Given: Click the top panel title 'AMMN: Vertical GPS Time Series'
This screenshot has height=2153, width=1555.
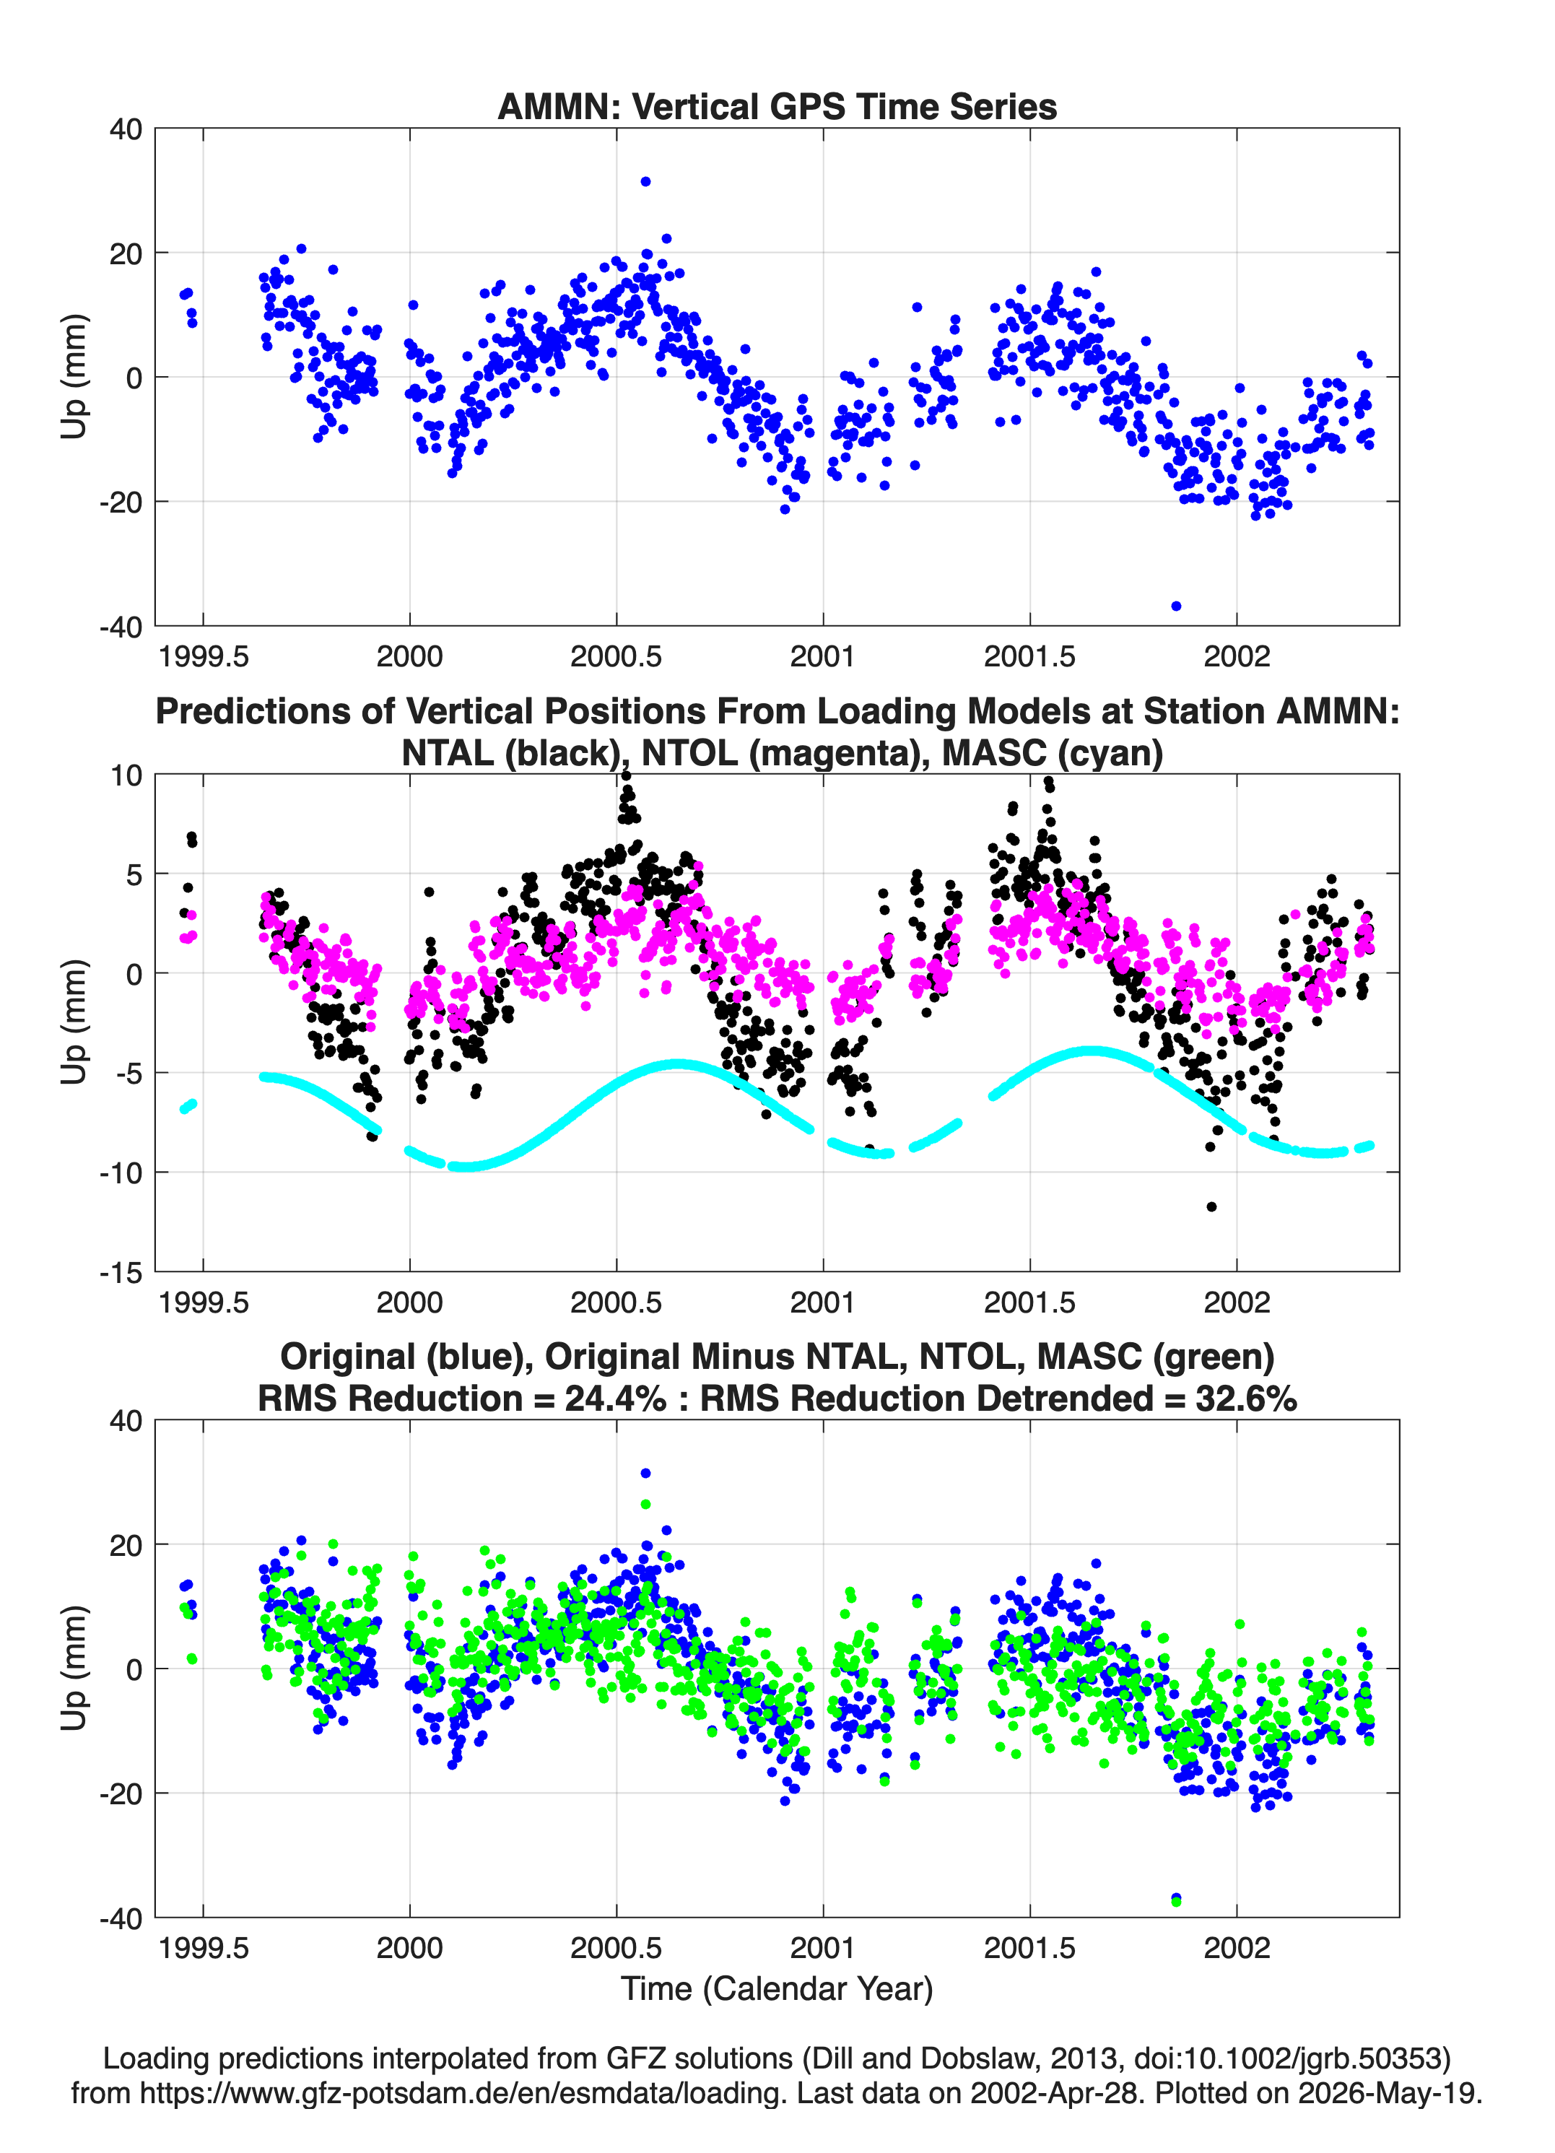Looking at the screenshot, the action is click(777, 106).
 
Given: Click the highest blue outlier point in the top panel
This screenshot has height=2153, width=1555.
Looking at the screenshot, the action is click(645, 181).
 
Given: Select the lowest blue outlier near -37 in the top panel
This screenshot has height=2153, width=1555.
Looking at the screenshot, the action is click(1176, 606).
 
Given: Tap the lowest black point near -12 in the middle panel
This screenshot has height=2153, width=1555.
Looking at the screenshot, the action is click(1211, 1206).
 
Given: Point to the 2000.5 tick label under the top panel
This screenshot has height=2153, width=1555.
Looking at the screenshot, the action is click(616, 656).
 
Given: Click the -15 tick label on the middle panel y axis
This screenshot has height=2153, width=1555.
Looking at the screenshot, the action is click(121, 1272).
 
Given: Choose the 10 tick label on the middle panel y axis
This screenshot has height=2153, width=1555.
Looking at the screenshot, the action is click(126, 775).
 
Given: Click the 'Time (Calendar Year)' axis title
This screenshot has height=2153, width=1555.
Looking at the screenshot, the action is click(777, 1988).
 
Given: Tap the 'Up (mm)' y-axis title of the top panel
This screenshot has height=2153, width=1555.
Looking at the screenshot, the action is click(74, 377).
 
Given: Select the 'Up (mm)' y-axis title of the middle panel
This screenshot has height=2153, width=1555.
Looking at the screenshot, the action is click(74, 1022).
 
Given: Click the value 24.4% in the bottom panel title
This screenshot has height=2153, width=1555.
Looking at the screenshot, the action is click(615, 1399).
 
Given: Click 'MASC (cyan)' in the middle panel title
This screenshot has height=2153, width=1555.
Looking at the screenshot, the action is click(1052, 753).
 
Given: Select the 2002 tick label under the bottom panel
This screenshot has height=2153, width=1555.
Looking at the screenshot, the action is click(1236, 1948).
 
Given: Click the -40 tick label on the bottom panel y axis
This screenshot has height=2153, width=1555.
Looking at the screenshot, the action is click(121, 1918).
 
